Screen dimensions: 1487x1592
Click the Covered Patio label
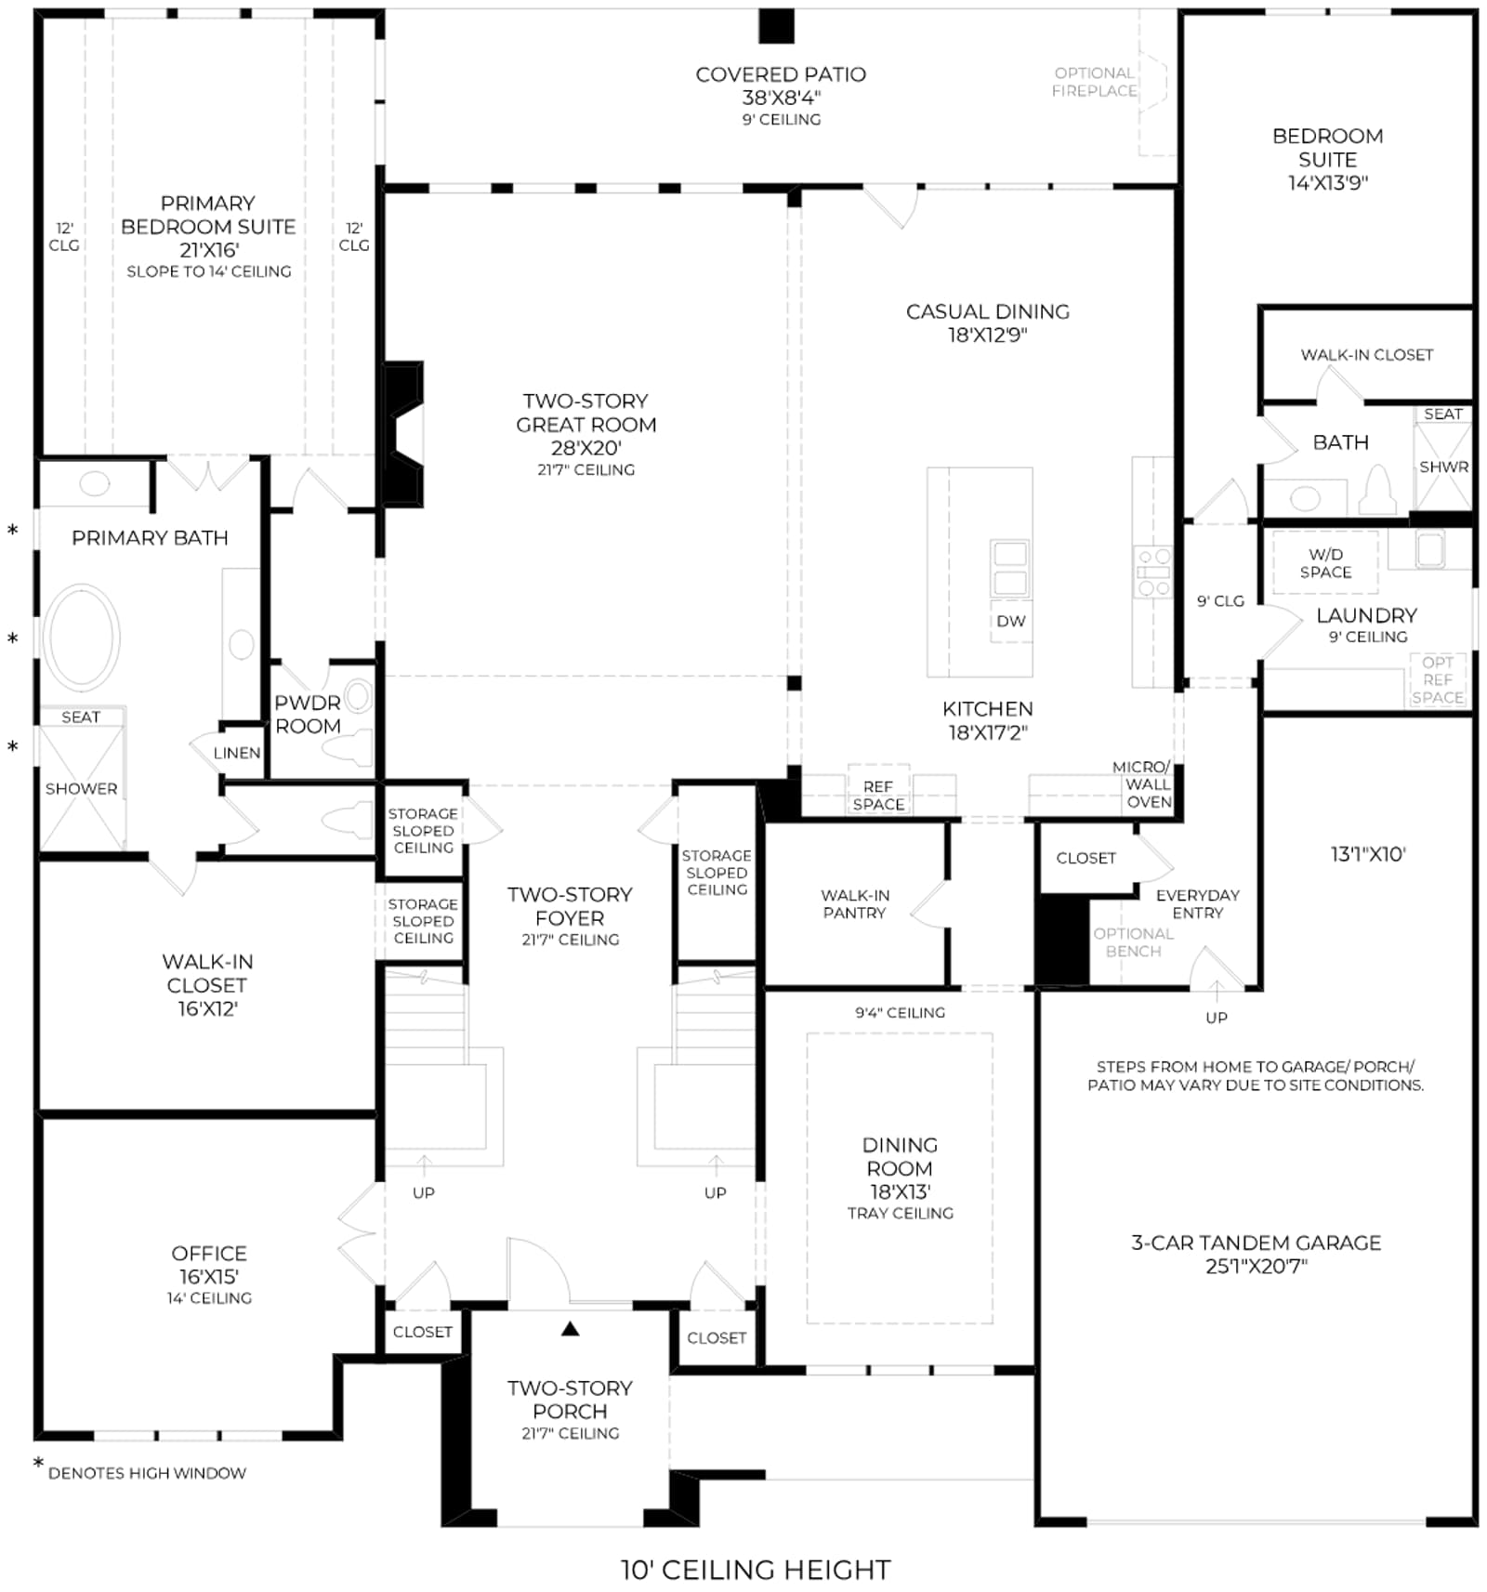[781, 74]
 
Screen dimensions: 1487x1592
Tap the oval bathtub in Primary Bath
[82, 638]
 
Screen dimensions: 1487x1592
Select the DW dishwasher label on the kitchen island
[1010, 621]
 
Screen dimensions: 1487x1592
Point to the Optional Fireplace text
[1094, 82]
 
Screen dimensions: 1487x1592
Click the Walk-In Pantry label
[855, 904]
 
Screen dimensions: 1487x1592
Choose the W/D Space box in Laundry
[1325, 563]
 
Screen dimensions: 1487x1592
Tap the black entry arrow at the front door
[570, 1329]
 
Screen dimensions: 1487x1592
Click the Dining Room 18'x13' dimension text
[900, 1191]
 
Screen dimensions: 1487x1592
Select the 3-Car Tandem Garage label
[1256, 1243]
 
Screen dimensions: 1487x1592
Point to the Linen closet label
[237, 753]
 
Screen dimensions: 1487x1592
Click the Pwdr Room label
[308, 715]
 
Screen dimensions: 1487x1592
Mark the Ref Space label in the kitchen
[878, 796]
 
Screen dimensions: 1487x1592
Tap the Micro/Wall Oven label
[1142, 784]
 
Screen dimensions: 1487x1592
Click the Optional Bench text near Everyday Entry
[1133, 942]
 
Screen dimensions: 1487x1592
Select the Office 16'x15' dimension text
[209, 1277]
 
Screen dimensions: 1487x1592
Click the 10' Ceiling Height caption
[756, 1570]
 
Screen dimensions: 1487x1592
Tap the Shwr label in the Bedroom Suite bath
[1443, 467]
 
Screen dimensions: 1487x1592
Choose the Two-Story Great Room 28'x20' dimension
[586, 448]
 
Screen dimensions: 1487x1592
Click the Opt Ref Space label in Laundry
[1437, 679]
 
